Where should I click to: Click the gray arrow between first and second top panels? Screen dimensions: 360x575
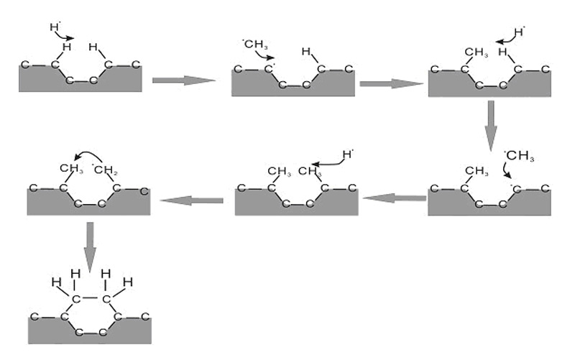pyautogui.click(x=183, y=79)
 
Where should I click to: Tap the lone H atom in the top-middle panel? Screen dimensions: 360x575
pyautogui.click(x=305, y=51)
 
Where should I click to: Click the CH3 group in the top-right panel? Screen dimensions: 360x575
pyautogui.click(x=476, y=52)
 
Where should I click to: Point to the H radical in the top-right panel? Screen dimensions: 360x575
pyautogui.click(x=520, y=32)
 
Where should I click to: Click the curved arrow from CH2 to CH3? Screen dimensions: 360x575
pyautogui.click(x=88, y=154)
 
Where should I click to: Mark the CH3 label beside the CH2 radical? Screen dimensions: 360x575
pyautogui.click(x=69, y=170)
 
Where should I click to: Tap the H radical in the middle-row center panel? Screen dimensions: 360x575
pyautogui.click(x=348, y=154)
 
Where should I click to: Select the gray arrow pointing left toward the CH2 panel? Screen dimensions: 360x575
pyautogui.click(x=191, y=199)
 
